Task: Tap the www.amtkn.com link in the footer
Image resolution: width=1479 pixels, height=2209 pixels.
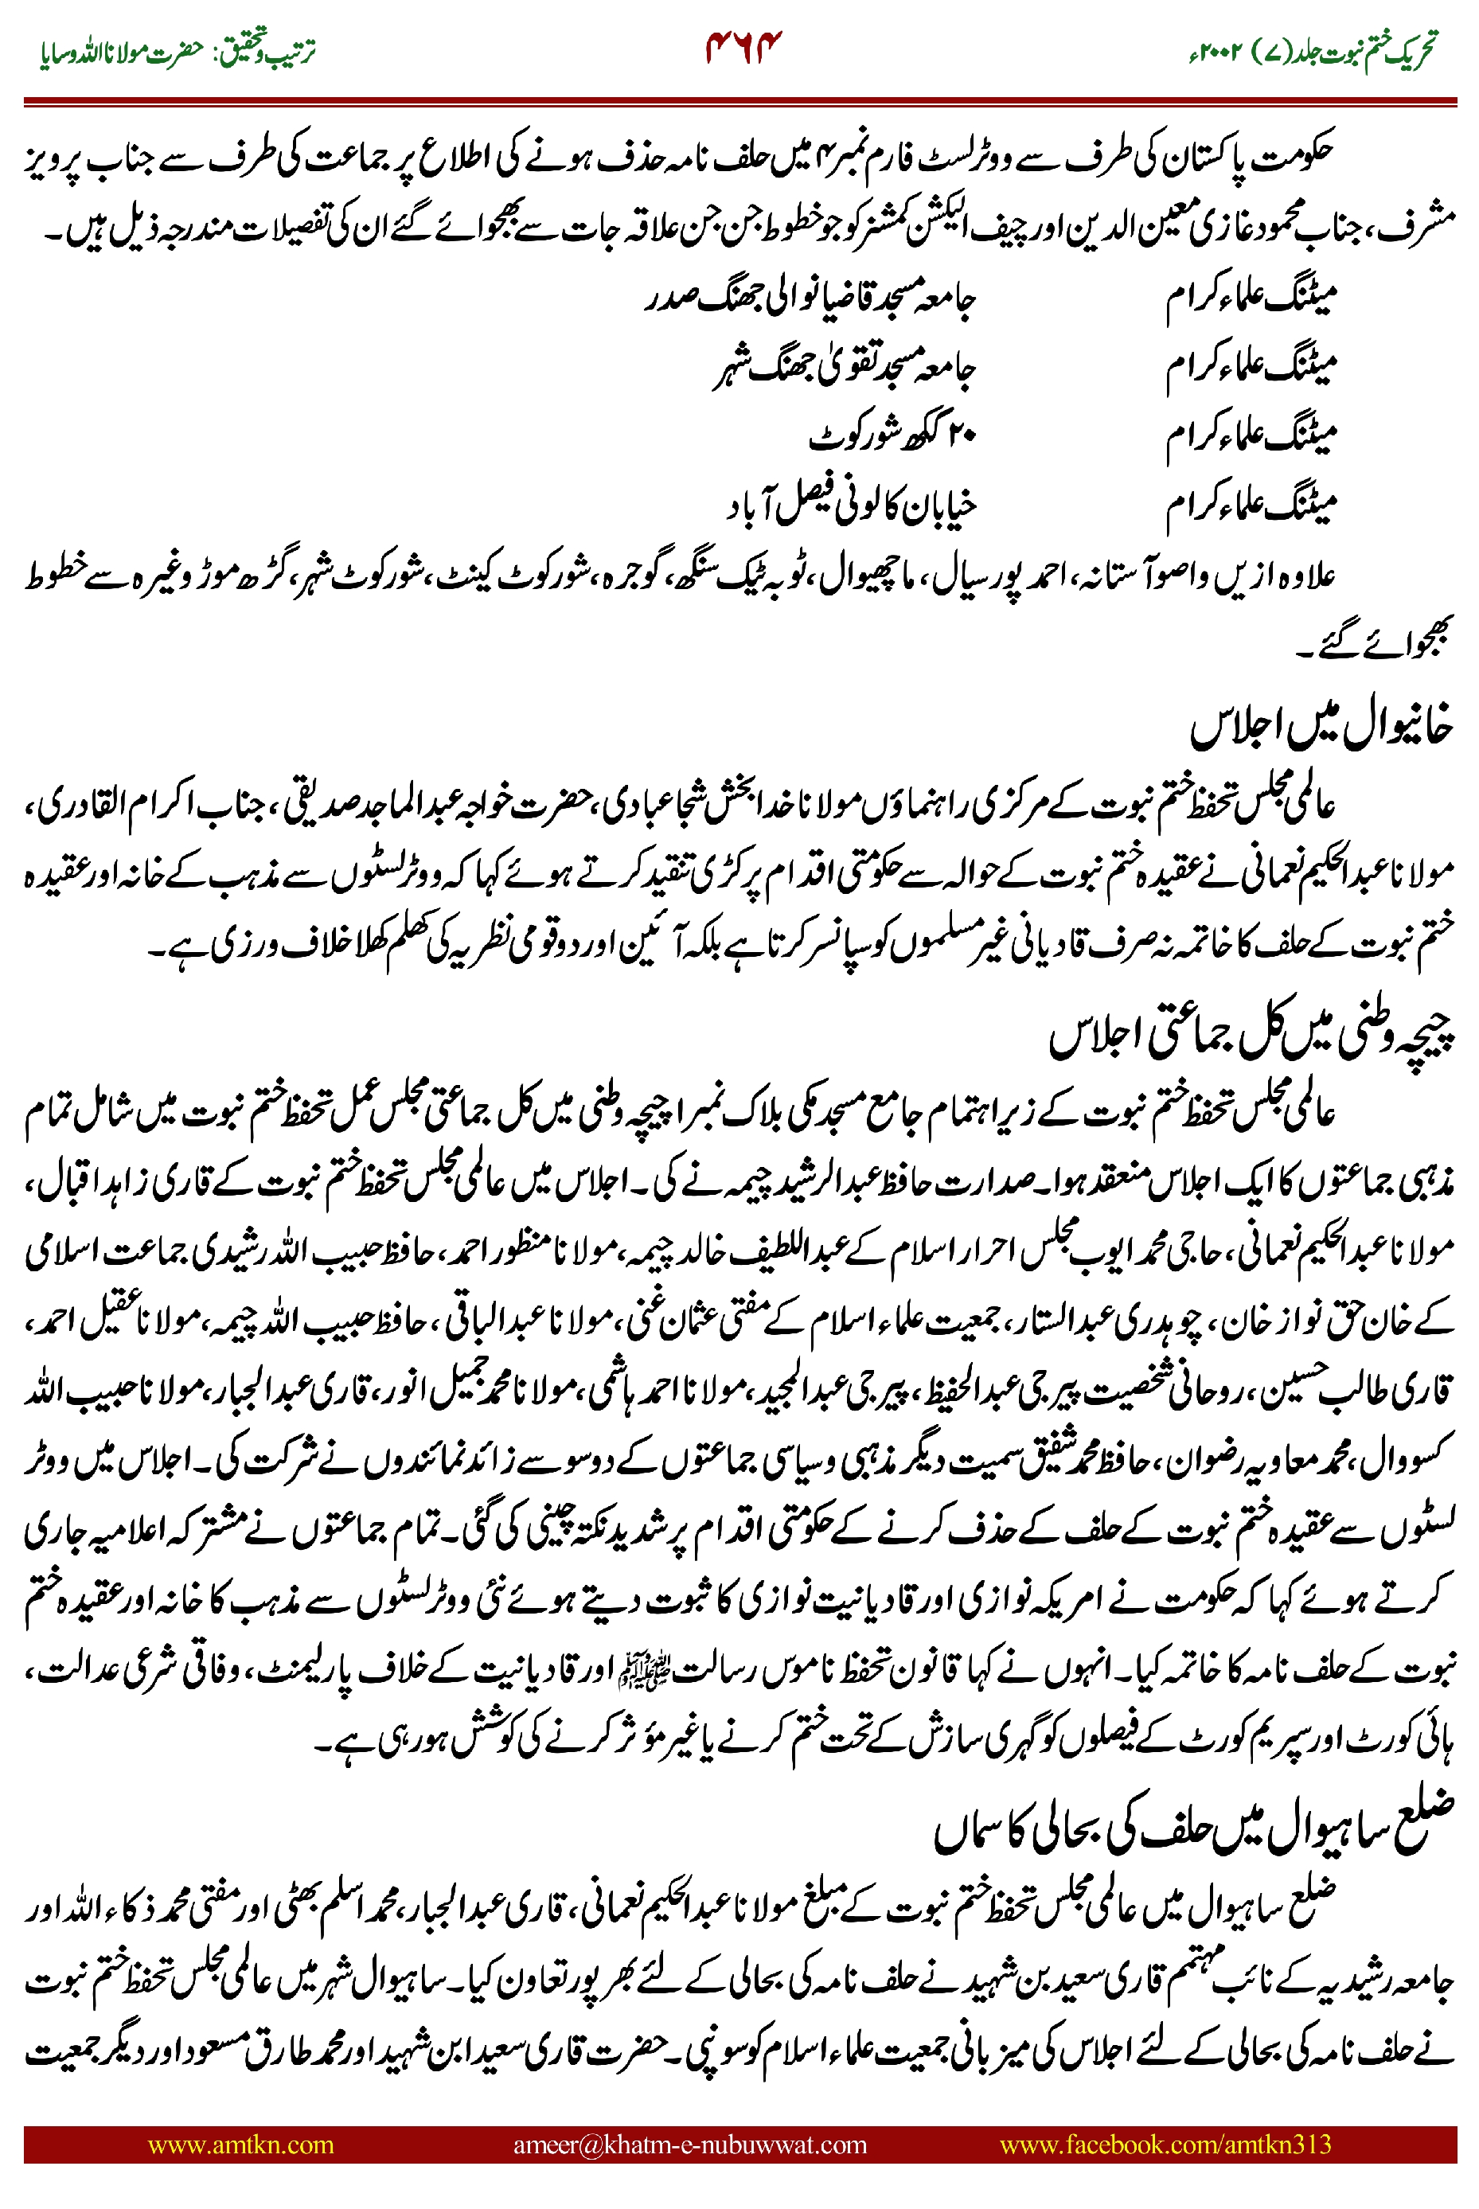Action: [240, 2144]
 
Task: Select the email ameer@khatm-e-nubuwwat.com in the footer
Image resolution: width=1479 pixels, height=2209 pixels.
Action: [689, 2144]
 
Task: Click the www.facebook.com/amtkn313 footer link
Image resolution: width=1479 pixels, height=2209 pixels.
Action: [1165, 2144]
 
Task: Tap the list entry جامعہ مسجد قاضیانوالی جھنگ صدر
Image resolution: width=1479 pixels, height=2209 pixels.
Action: [810, 300]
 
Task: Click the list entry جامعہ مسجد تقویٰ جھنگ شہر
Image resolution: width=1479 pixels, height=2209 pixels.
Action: [843, 369]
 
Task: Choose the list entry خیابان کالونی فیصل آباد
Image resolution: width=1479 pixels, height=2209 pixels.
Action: [851, 507]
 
